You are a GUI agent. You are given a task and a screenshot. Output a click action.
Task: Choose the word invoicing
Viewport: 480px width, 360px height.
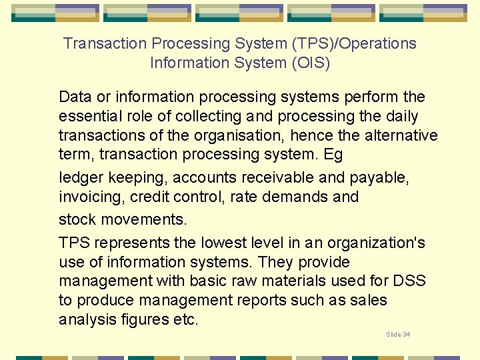tap(92, 197)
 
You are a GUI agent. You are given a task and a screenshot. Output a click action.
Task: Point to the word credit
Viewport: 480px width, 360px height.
tap(150, 197)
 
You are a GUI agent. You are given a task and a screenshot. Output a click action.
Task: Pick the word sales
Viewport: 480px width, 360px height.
tap(369, 301)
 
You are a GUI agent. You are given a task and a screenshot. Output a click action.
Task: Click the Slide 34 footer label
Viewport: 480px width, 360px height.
tap(398, 334)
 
